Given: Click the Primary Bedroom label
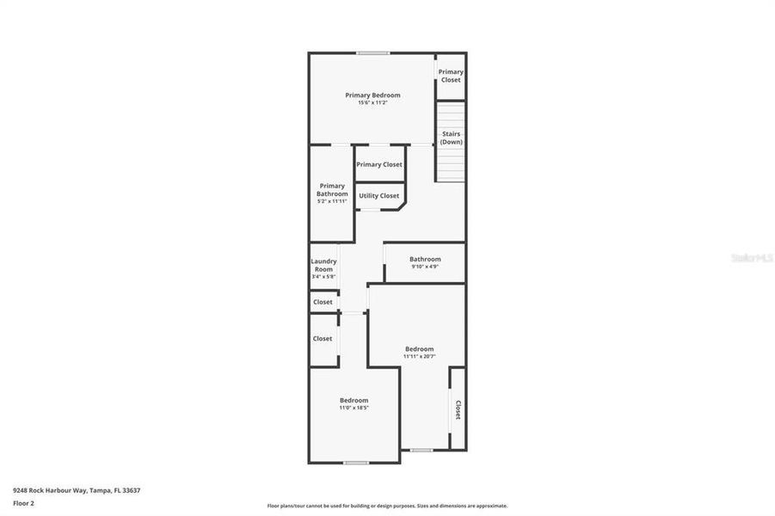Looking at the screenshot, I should coord(372,95).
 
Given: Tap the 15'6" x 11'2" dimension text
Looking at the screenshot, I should coord(372,103).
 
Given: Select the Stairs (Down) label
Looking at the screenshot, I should coord(451,138).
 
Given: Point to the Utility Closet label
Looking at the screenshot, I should coord(379,196).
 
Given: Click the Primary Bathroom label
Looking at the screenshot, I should coord(332,190).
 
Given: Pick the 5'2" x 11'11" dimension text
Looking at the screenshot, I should coord(332,202).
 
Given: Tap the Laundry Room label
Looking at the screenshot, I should coord(324,265).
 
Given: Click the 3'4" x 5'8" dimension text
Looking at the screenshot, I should coord(324,277).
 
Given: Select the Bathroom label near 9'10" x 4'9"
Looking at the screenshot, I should coord(425,259).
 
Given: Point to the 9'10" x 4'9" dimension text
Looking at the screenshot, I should coord(425,267).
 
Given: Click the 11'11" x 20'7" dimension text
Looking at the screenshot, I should coord(420,357).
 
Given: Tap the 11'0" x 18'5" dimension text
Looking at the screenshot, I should coord(354,408).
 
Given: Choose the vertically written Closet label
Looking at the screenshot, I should coord(458,410).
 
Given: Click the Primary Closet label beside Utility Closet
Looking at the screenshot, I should coord(379,164).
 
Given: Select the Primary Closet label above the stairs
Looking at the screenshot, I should coord(451,76).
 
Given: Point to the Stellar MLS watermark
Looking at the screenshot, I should coord(752,257).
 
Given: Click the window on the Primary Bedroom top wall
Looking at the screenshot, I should coord(372,53).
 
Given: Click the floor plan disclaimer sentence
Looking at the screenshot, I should coord(387,506).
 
